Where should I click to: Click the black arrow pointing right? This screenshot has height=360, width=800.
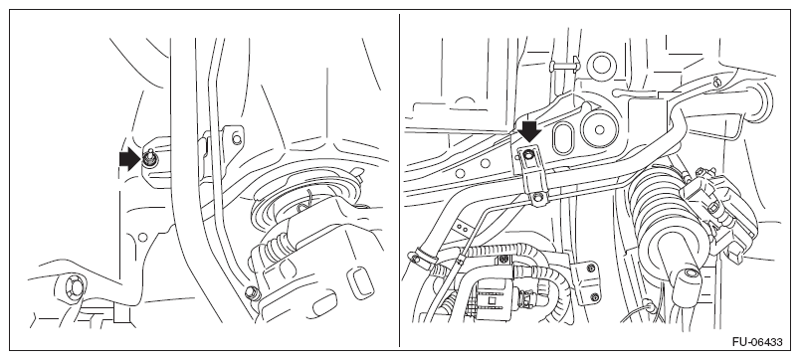(129, 159)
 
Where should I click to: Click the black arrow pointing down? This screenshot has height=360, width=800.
(530, 130)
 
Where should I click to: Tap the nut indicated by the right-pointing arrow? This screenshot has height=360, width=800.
(149, 160)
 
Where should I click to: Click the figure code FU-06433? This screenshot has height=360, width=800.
(757, 342)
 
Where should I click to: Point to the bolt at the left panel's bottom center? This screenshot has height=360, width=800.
(252, 292)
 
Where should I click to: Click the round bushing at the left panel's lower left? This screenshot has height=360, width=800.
(73, 287)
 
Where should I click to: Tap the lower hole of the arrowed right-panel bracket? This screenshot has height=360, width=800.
(536, 196)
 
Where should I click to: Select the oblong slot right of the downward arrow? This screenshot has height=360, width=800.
(562, 135)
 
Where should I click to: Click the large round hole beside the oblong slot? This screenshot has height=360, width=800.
(599, 129)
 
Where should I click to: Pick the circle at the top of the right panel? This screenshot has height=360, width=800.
(602, 66)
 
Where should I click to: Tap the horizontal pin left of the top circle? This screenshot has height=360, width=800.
(564, 65)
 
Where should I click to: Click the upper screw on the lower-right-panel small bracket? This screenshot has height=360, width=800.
(591, 268)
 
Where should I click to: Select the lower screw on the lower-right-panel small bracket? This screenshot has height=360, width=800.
(593, 295)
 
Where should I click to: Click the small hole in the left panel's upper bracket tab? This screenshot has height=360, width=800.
(236, 138)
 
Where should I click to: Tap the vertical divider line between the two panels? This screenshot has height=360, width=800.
(399, 180)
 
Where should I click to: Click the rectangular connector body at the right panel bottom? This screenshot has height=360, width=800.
(493, 301)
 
